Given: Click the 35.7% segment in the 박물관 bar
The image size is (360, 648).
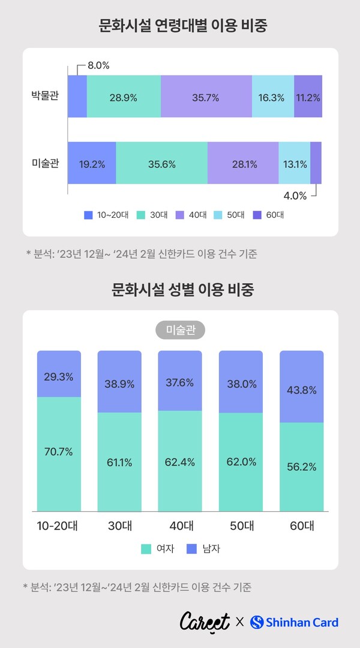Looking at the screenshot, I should pos(206,97).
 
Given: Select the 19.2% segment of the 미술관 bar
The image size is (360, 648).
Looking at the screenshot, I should pos(91,163).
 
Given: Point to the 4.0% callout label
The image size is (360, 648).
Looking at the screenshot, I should pos(295,195).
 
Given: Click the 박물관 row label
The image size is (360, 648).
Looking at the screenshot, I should pos(45,96).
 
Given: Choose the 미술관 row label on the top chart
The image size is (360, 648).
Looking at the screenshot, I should pos(45,163).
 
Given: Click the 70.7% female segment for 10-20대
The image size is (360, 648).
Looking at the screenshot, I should pos(59,452).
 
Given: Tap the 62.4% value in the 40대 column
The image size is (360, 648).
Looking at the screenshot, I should pos(180,462).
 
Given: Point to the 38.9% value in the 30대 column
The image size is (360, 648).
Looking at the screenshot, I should pos(119,383).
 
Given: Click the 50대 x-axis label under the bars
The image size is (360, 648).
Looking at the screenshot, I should pos(241,526).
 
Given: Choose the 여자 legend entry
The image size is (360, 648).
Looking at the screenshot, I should pos(158,548).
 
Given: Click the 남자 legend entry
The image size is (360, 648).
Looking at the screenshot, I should pos(203,548).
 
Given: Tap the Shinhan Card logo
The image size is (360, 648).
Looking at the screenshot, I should pos(294,622).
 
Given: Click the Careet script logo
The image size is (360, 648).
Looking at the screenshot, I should pos(205,622).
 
